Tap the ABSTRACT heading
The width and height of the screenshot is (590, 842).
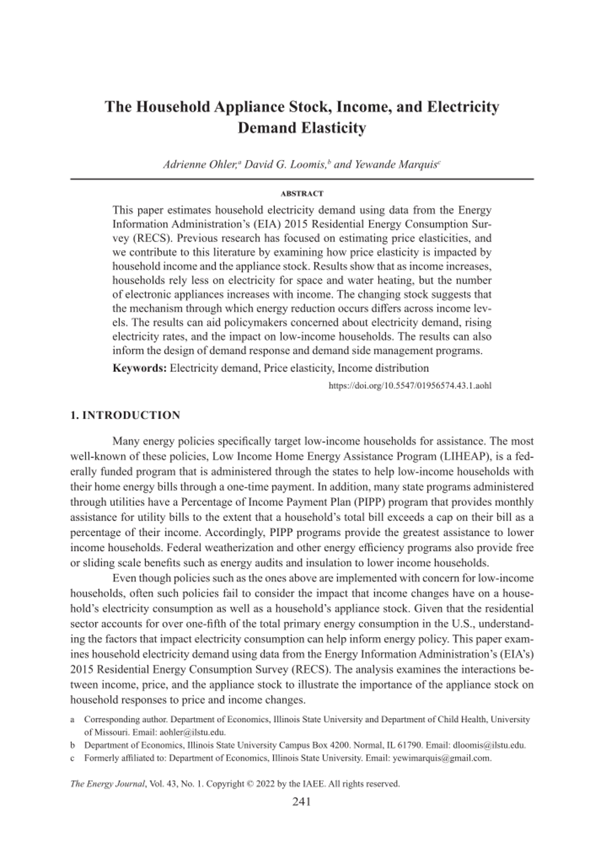[x=301, y=194]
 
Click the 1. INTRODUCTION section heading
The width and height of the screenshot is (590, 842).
[x=125, y=415]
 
